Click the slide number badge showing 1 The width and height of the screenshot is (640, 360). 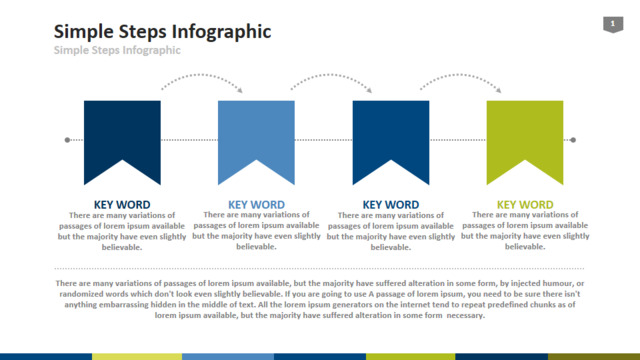tap(613, 24)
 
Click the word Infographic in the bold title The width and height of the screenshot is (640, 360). tap(222, 32)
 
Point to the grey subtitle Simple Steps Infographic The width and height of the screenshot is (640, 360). tap(117, 50)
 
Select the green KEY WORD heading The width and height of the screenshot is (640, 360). tap(525, 204)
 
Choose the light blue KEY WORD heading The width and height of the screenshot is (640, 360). tap(256, 204)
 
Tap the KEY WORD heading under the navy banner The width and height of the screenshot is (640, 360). tap(122, 204)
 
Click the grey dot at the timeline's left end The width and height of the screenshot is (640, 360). tap(67, 140)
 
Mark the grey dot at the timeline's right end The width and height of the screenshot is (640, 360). tap(573, 140)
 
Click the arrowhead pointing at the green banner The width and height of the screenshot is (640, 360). tap(498, 90)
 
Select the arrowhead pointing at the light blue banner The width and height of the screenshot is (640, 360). tap(240, 90)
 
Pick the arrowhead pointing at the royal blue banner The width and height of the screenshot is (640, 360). tap(369, 90)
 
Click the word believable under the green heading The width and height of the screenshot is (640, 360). tap(524, 247)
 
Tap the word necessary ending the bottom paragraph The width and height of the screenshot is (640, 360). tap(465, 315)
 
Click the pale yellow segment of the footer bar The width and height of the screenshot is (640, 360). tap(137, 357)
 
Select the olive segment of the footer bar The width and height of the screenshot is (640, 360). tap(594, 357)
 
